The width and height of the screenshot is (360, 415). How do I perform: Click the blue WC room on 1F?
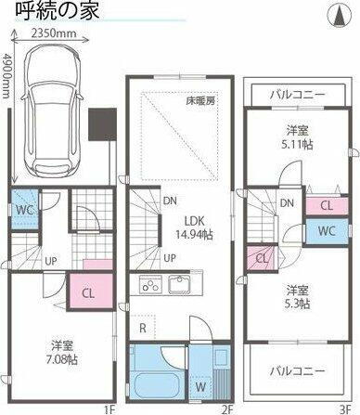[x=23, y=210]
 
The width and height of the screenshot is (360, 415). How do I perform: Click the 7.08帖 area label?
[x=62, y=358]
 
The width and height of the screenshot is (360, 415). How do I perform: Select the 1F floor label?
[x=108, y=408]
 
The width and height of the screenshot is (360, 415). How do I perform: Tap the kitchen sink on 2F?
[x=180, y=284]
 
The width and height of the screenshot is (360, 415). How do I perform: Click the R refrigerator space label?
[x=141, y=328]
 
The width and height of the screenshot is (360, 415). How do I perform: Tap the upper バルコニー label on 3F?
[x=297, y=95]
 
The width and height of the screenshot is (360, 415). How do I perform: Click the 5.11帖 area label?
[x=296, y=144]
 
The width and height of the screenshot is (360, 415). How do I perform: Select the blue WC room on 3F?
[x=326, y=229]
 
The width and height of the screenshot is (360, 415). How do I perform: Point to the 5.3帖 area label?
[x=297, y=302]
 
